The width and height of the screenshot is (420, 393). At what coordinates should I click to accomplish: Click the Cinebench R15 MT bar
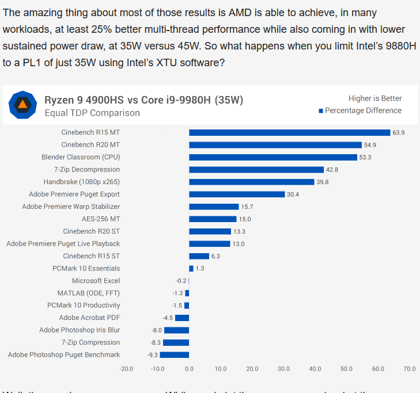(289, 132)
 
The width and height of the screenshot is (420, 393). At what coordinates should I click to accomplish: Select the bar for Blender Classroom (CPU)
(273, 157)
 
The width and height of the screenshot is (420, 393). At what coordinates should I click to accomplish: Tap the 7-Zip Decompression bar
(256, 170)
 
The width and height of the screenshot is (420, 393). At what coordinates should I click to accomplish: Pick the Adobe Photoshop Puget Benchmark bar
(175, 355)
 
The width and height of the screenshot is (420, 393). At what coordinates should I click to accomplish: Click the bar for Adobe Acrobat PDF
(182, 318)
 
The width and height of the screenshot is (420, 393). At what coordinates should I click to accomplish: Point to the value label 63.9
(399, 132)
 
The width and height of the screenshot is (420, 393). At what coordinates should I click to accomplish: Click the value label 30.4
(293, 194)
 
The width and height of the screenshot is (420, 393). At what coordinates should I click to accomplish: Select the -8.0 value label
(156, 330)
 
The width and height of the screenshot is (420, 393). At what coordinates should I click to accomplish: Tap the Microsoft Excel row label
(96, 281)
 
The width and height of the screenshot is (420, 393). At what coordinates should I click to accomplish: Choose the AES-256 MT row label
(101, 219)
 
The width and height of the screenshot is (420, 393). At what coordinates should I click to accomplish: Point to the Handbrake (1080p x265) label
(82, 182)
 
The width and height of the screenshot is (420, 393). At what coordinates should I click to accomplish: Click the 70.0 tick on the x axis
(409, 369)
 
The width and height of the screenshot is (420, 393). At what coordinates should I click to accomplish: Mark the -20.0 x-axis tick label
(126, 369)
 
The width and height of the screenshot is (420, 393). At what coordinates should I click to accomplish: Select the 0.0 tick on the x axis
(189, 369)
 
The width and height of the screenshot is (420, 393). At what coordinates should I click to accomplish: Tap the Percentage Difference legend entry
(363, 110)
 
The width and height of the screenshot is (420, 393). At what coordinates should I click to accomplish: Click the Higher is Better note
(375, 98)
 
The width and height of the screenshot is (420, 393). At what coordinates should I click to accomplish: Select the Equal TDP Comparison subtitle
(92, 113)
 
